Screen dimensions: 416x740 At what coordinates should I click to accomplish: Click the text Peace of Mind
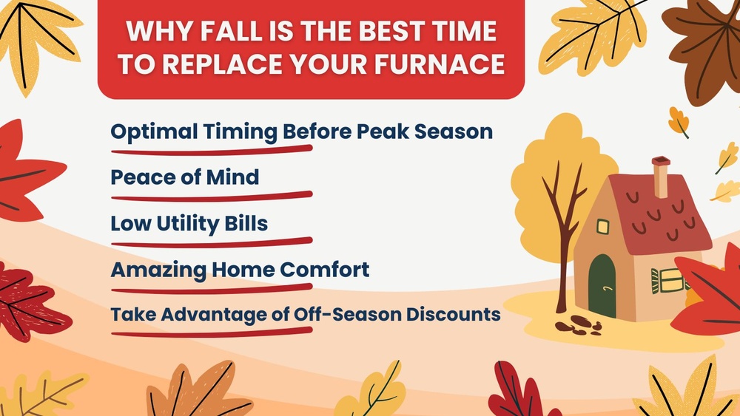[184, 177]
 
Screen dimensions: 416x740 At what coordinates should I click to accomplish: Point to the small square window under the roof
[603, 227]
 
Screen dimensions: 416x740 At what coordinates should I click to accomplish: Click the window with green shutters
[669, 281]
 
